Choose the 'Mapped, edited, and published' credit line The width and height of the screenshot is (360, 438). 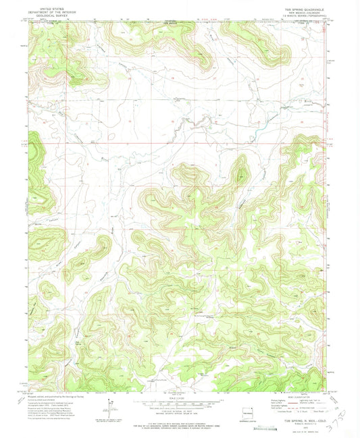54,395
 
